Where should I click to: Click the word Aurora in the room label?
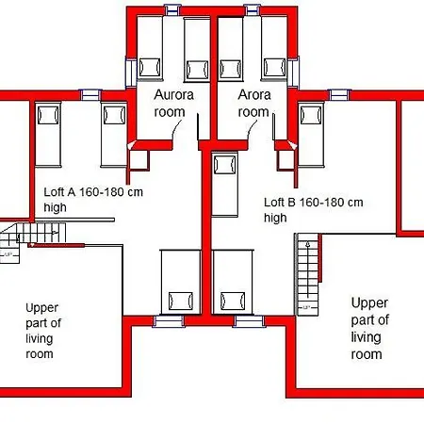pos(173,95)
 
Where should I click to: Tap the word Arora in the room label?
pos(254,95)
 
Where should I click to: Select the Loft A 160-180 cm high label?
pos(93,200)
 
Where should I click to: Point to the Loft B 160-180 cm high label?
pos(314,210)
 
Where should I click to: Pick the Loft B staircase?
pos(307,274)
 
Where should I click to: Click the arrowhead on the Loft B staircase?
pos(308,243)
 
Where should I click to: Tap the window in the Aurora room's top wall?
pos(172,9)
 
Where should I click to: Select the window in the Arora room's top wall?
pos(253,9)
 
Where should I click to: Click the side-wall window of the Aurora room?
pos(131,73)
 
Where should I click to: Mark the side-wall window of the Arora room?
pos(293,73)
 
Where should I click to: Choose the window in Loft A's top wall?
pos(90,94)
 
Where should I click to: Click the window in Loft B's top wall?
pos(339,94)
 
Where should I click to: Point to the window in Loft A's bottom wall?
pos(169,321)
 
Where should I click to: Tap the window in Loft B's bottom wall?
pos(249,321)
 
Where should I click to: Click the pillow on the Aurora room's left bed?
pos(150,67)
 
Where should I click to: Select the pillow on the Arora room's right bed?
pos(275,67)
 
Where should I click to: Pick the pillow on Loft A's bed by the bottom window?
pos(181,301)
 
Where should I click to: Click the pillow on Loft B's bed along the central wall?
pos(225,165)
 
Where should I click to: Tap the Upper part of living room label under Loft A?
pos(43,331)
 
